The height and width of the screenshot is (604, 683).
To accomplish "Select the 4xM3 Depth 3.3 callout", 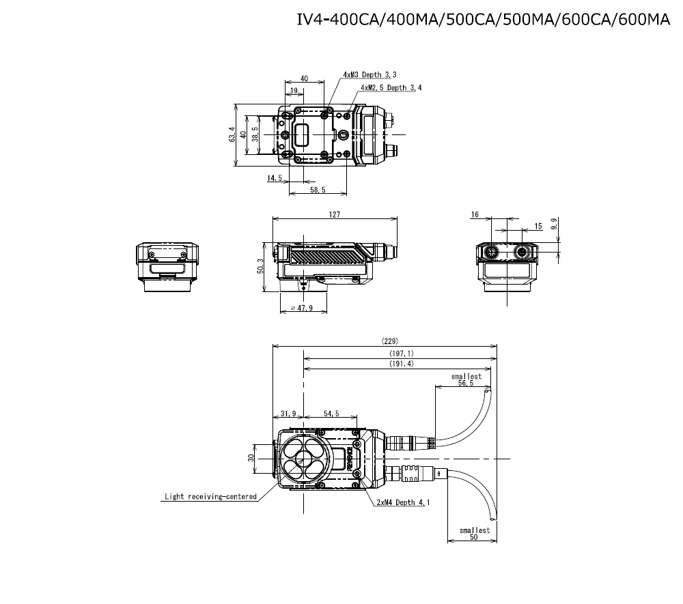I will pos(370,74).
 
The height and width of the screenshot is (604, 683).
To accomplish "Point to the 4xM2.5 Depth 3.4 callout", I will pos(391,87).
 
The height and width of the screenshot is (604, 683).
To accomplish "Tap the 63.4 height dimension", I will pos(232,134).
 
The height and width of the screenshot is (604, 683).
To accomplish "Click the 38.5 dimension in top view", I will pos(255,134).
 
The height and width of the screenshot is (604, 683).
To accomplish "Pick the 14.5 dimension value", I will pos(275,178).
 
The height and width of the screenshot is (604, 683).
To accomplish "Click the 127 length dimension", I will pos(335,214).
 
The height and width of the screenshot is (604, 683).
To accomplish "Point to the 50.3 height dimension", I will pos(260,266).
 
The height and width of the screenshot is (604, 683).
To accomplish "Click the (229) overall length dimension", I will pos(389,341).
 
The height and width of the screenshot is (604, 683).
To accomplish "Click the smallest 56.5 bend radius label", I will pos(466,380).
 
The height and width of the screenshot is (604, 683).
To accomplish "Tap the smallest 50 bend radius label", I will pos(474,534).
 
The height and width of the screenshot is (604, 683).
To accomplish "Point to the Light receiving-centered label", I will pos(210,496).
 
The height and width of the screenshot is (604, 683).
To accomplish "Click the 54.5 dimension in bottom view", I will pos(331,414).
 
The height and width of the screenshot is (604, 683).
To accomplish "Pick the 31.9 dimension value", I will pos(288,414).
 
